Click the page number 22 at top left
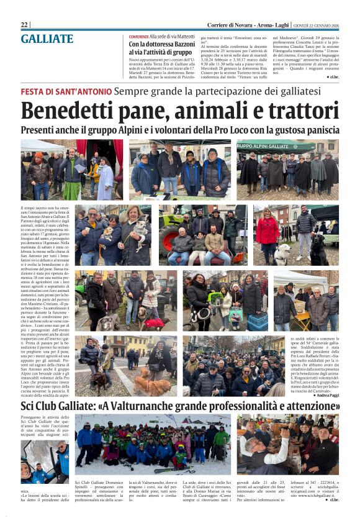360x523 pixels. click(x=24, y=24)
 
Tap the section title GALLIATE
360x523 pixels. click(x=47, y=39)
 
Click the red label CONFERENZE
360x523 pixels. click(x=140, y=37)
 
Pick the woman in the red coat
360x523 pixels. click(x=268, y=231)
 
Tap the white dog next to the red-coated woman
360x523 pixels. click(x=283, y=252)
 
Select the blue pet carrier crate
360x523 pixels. click(x=257, y=321)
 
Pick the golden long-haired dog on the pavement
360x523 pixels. click(x=152, y=386)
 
